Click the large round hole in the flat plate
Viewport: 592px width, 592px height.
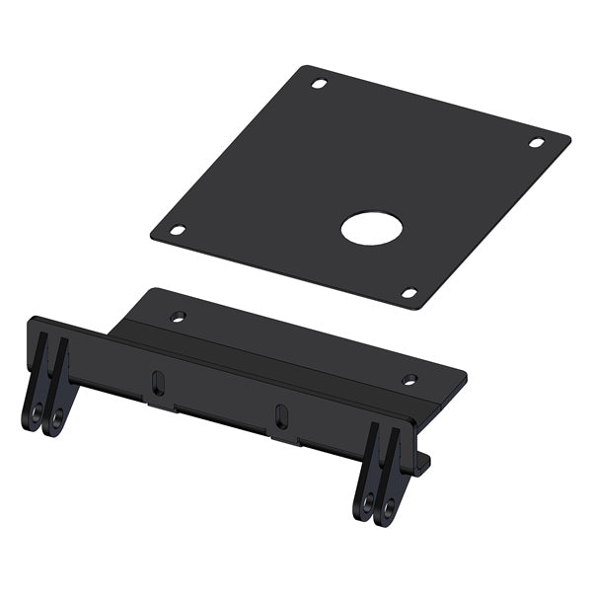click(x=373, y=228)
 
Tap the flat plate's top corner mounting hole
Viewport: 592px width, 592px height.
click(x=319, y=84)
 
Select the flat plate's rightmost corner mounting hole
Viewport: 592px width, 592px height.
click(x=536, y=143)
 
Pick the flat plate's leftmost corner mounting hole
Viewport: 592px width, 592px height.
click(x=178, y=230)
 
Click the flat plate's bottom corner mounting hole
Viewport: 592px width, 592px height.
click(x=408, y=292)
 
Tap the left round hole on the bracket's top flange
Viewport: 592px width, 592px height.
click(x=178, y=317)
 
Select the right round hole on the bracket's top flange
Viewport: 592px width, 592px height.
click(x=409, y=379)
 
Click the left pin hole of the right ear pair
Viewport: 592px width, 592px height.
click(x=367, y=503)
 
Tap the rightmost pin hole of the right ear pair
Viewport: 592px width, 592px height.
click(x=389, y=507)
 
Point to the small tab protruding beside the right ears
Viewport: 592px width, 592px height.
click(x=422, y=462)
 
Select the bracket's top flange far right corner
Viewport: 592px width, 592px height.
click(x=464, y=373)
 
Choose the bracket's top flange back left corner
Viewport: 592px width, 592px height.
click(x=149, y=290)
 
